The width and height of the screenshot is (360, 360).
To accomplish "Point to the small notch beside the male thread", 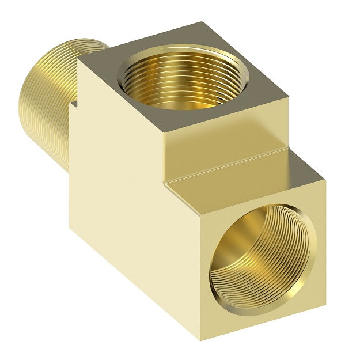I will pos(73,105).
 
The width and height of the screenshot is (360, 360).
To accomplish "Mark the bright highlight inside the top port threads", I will pos(173,95).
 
